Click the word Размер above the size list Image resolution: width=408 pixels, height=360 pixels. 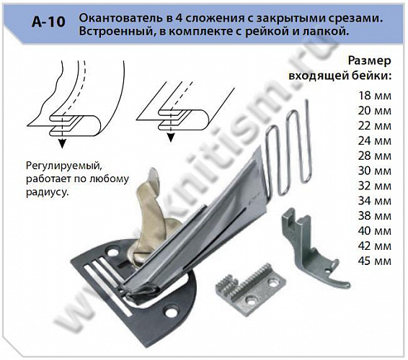tap(370, 62)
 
